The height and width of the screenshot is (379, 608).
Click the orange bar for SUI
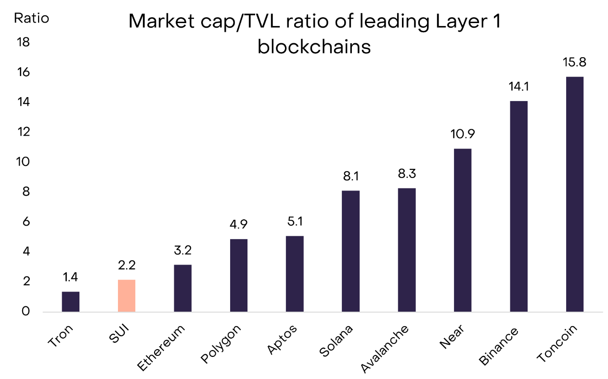(x=127, y=295)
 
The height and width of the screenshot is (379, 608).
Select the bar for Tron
(x=71, y=302)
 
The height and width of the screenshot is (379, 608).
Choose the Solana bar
(x=351, y=251)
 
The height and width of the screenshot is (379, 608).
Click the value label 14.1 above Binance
(x=519, y=88)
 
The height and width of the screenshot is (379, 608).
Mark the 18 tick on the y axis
(x=23, y=42)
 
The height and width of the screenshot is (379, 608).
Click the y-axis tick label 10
(x=23, y=162)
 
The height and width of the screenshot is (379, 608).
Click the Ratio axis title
(x=31, y=18)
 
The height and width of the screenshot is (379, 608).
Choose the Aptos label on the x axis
(x=283, y=339)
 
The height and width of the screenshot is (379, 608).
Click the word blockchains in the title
(x=314, y=48)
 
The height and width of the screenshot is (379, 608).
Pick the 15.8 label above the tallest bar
(x=575, y=63)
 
